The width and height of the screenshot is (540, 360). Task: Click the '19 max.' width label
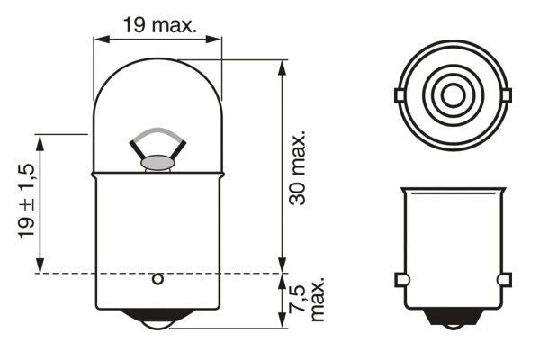click(x=160, y=25)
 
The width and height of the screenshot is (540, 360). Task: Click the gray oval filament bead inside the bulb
click(x=157, y=163)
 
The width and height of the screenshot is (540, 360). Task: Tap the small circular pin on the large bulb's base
click(x=157, y=279)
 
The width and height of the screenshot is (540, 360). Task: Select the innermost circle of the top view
click(x=451, y=94)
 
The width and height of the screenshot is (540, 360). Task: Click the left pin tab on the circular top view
click(x=400, y=94)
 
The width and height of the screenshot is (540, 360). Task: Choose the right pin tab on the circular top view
click(x=505, y=94)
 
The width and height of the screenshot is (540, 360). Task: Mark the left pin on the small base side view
click(x=402, y=280)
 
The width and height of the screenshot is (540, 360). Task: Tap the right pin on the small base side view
click(x=504, y=280)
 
